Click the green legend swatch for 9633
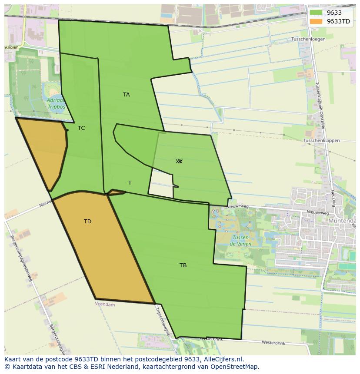(x=316, y=13)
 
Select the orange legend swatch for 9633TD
(x=316, y=21)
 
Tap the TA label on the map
(x=126, y=95)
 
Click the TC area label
(x=81, y=128)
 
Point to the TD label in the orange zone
(x=87, y=222)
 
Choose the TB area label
(x=183, y=265)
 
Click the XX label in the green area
(x=179, y=162)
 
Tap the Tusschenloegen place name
(x=308, y=39)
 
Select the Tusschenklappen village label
(x=321, y=141)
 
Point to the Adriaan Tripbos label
(x=56, y=103)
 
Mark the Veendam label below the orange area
(x=105, y=304)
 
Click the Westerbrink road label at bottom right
(x=273, y=343)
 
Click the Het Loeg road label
(x=333, y=198)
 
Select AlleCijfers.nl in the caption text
(x=223, y=359)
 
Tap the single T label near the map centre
(x=130, y=183)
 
